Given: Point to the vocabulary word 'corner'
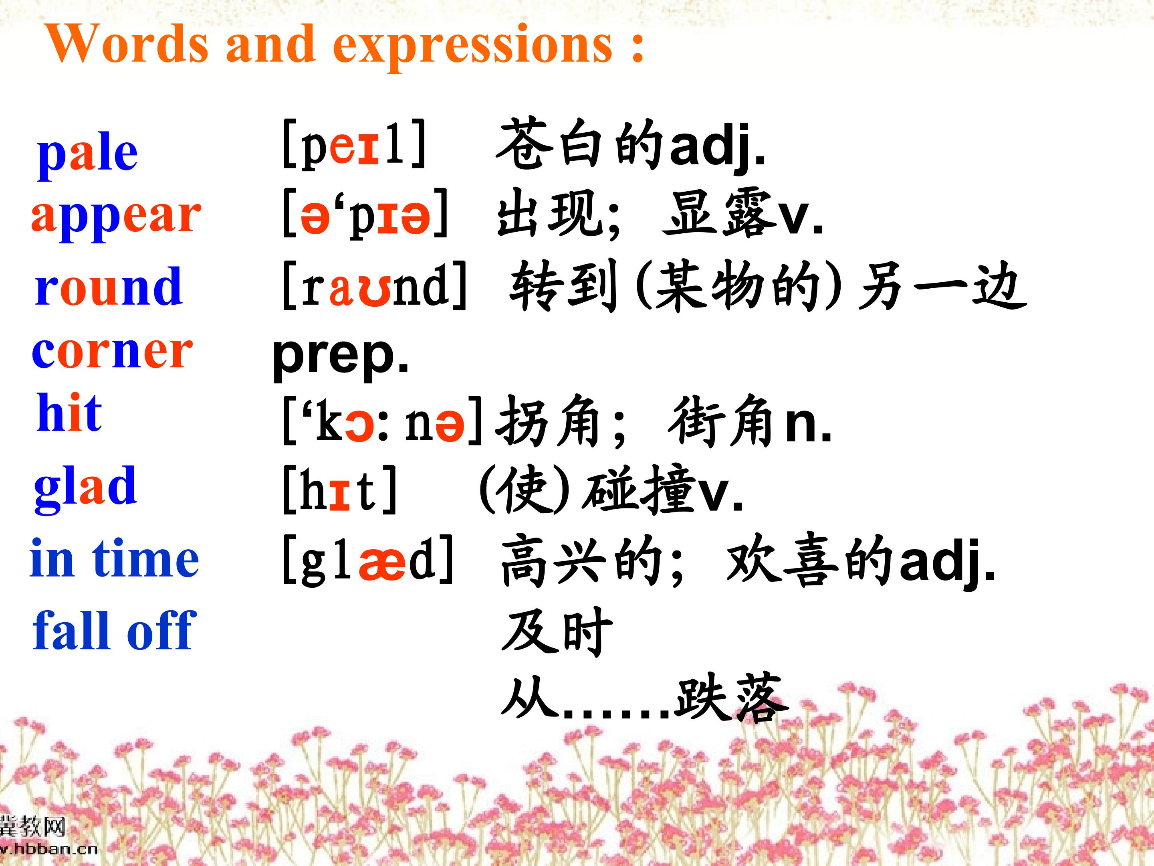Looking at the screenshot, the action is click(x=112, y=352).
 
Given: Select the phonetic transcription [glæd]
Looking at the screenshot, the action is click(x=368, y=560).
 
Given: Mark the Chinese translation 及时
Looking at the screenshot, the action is click(x=557, y=632).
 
